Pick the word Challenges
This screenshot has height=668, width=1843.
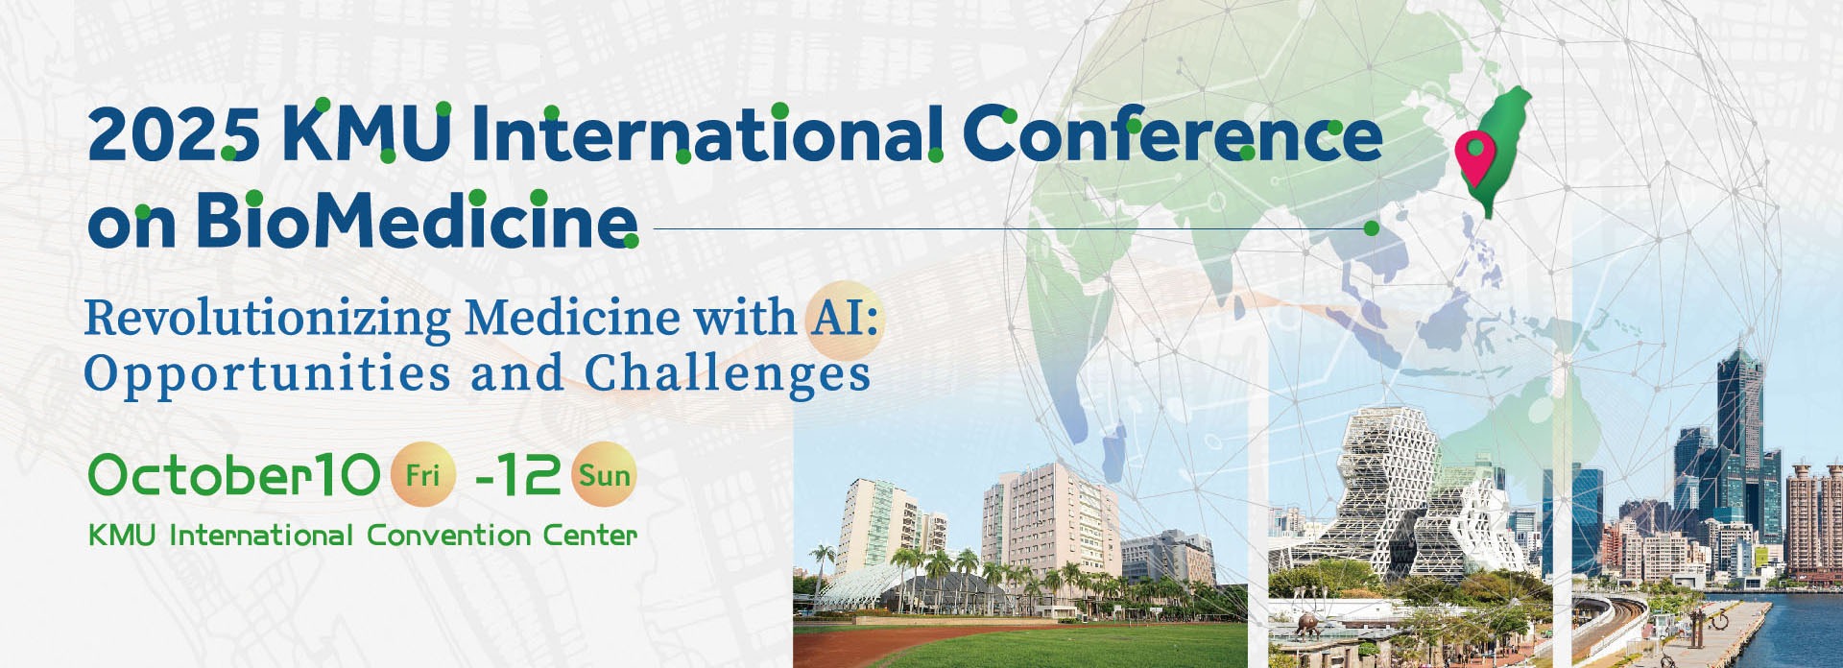(728, 374)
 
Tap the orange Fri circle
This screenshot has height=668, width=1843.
(422, 474)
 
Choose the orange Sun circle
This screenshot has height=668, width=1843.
(605, 474)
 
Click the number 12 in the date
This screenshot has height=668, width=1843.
(529, 474)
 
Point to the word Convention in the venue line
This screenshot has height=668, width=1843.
(448, 535)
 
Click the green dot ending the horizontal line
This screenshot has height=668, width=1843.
(1372, 228)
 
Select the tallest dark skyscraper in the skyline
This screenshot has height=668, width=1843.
(1739, 422)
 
